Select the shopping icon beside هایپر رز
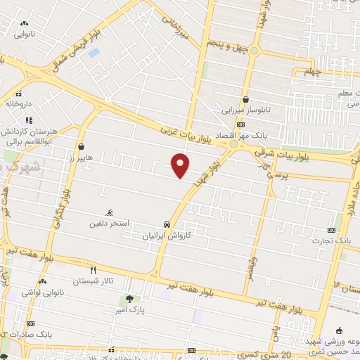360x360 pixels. click(81, 147)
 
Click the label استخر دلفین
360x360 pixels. click(108, 224)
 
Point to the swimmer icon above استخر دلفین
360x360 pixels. click(109, 212)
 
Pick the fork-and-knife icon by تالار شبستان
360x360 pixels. click(93, 269)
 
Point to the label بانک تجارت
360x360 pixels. click(333, 241)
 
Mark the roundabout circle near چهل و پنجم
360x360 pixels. click(255, 51)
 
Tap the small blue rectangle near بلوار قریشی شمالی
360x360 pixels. click(94, 53)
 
